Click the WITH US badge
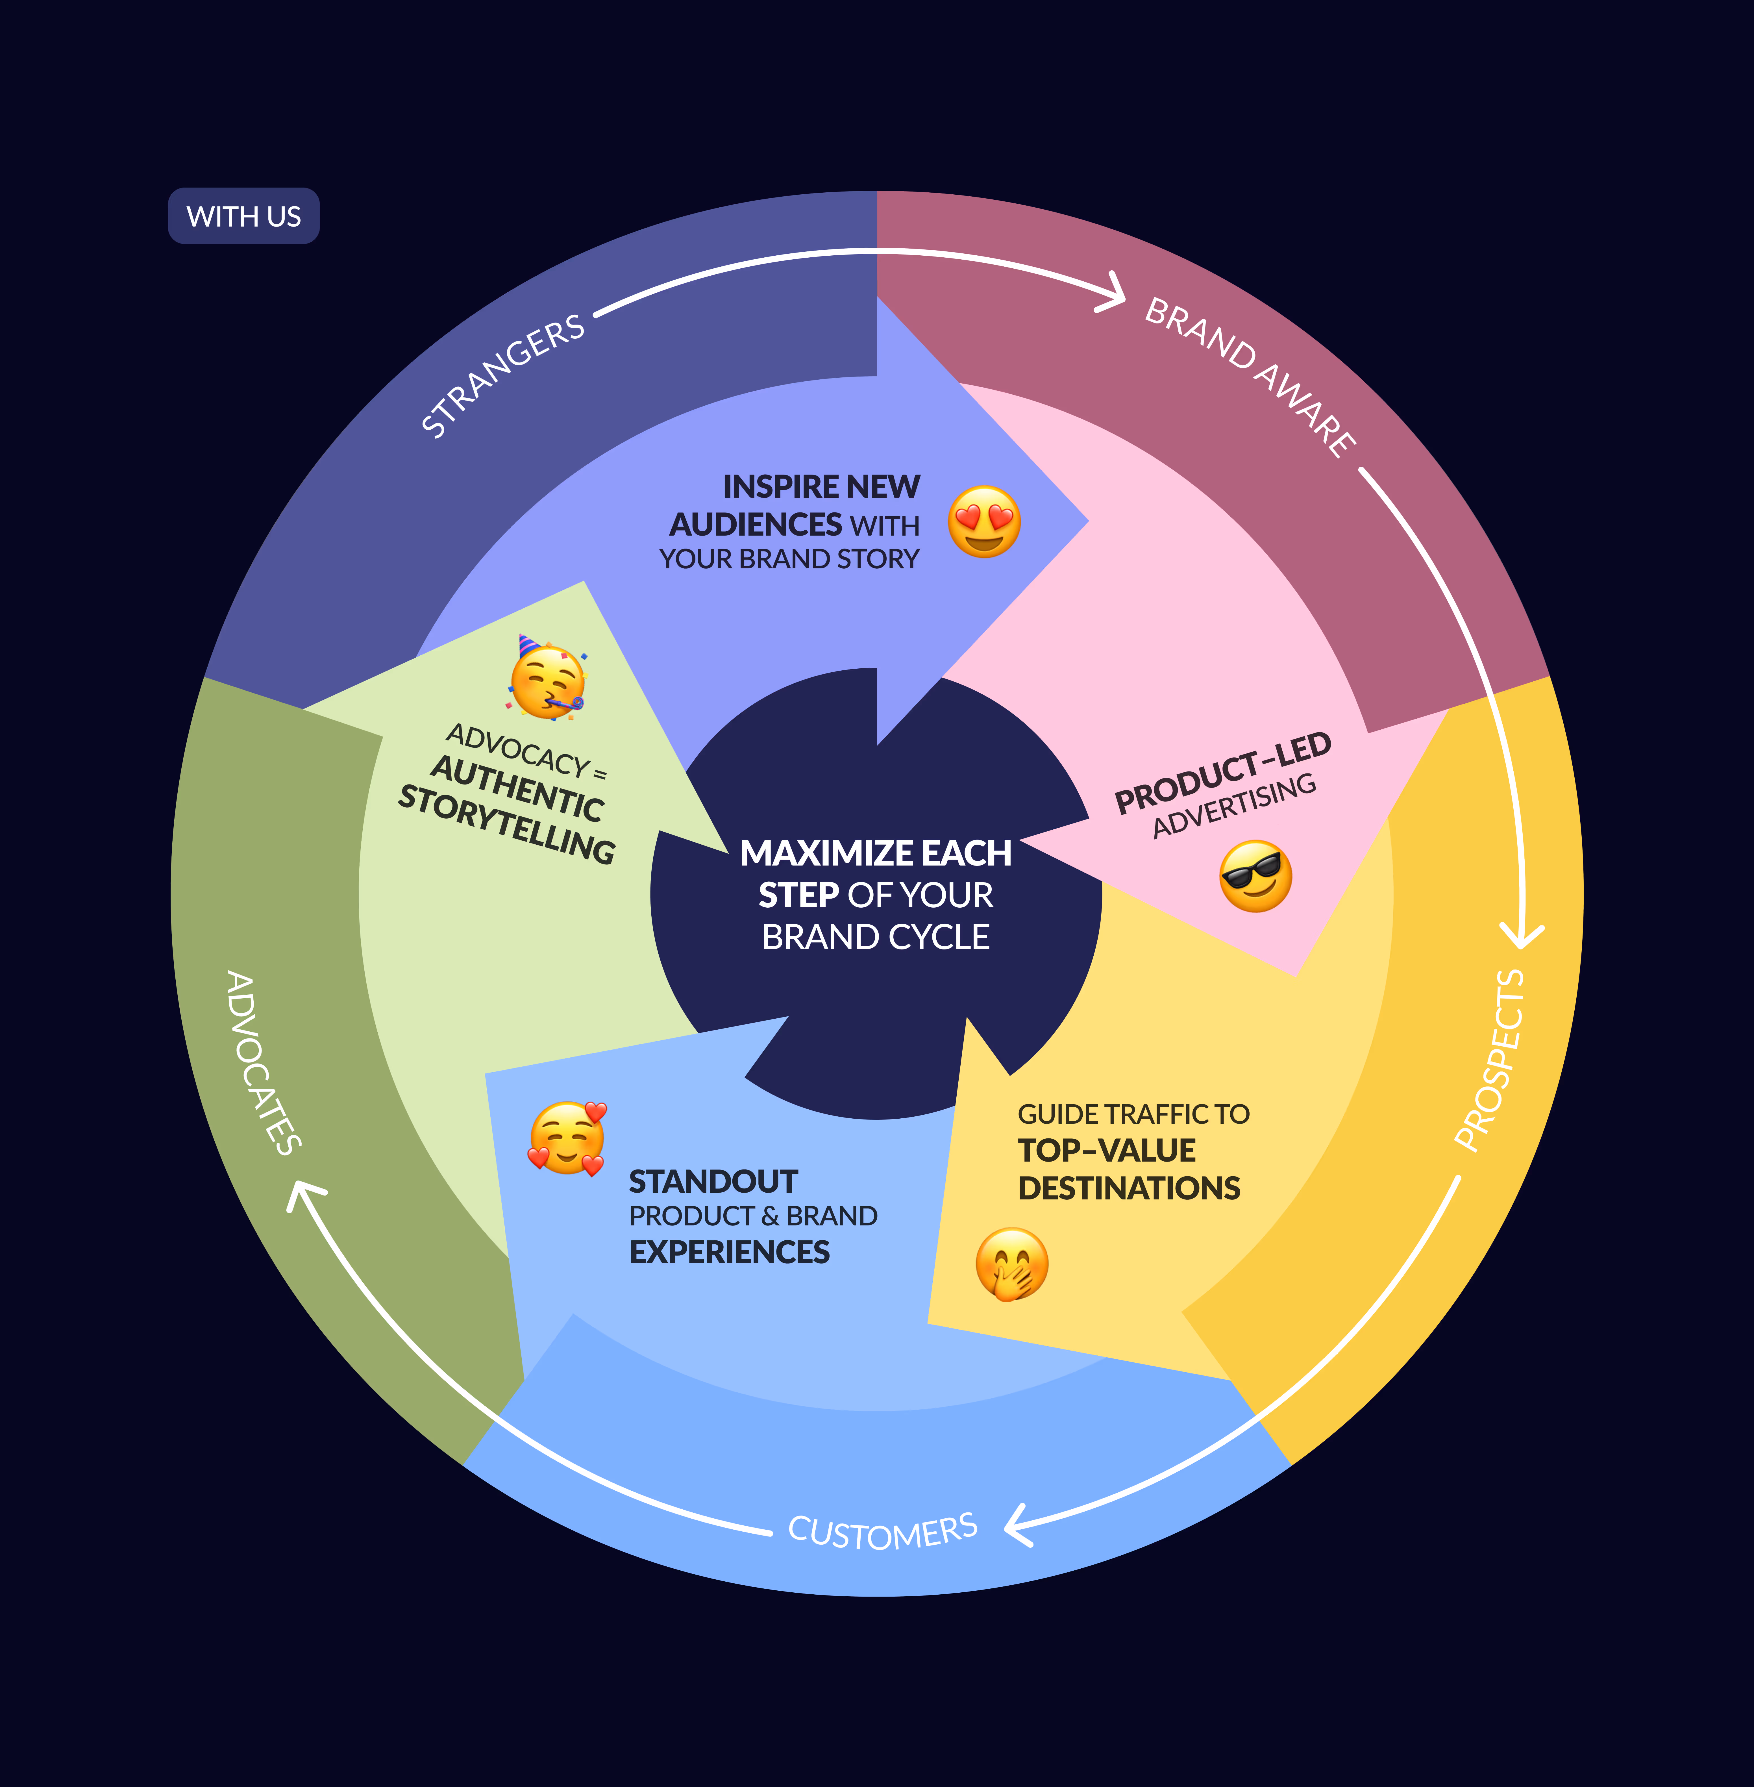(x=243, y=216)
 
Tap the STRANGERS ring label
(x=502, y=376)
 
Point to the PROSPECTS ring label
(x=1490, y=1059)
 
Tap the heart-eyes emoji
(x=984, y=522)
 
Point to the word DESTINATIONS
(x=1128, y=1188)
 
